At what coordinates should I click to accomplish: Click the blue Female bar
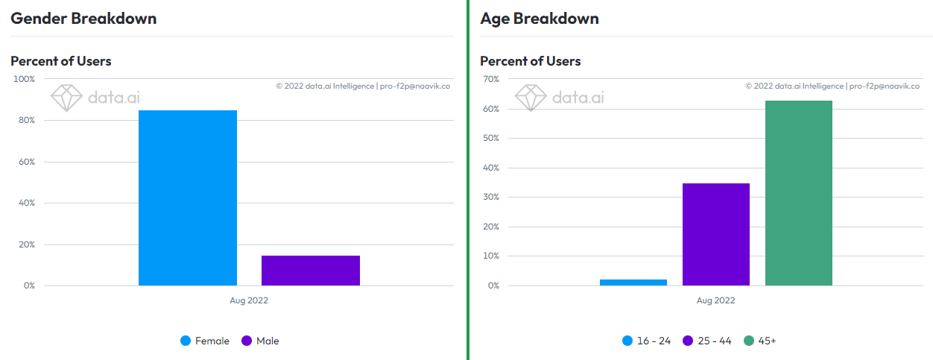(188, 198)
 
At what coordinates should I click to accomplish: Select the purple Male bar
(311, 271)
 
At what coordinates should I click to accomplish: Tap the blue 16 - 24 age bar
(633, 282)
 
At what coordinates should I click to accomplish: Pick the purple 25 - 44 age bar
(716, 235)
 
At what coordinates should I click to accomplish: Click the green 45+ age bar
(799, 193)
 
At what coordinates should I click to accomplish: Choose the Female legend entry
(205, 341)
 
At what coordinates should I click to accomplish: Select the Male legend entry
(260, 341)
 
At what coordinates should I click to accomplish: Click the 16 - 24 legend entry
(646, 341)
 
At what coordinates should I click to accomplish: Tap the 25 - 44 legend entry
(707, 341)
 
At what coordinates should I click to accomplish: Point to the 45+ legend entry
(760, 341)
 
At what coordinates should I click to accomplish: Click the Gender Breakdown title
(83, 19)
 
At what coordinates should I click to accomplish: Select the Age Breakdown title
(540, 19)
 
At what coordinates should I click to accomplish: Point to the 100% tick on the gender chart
(24, 79)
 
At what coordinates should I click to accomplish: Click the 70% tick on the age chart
(491, 79)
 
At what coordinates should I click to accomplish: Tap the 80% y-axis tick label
(27, 120)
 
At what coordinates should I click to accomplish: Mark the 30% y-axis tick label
(491, 197)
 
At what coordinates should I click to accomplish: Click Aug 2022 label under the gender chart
(249, 300)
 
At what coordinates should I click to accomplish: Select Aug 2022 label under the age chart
(716, 300)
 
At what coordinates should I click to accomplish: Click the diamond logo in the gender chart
(66, 98)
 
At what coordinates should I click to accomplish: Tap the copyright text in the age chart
(832, 86)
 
